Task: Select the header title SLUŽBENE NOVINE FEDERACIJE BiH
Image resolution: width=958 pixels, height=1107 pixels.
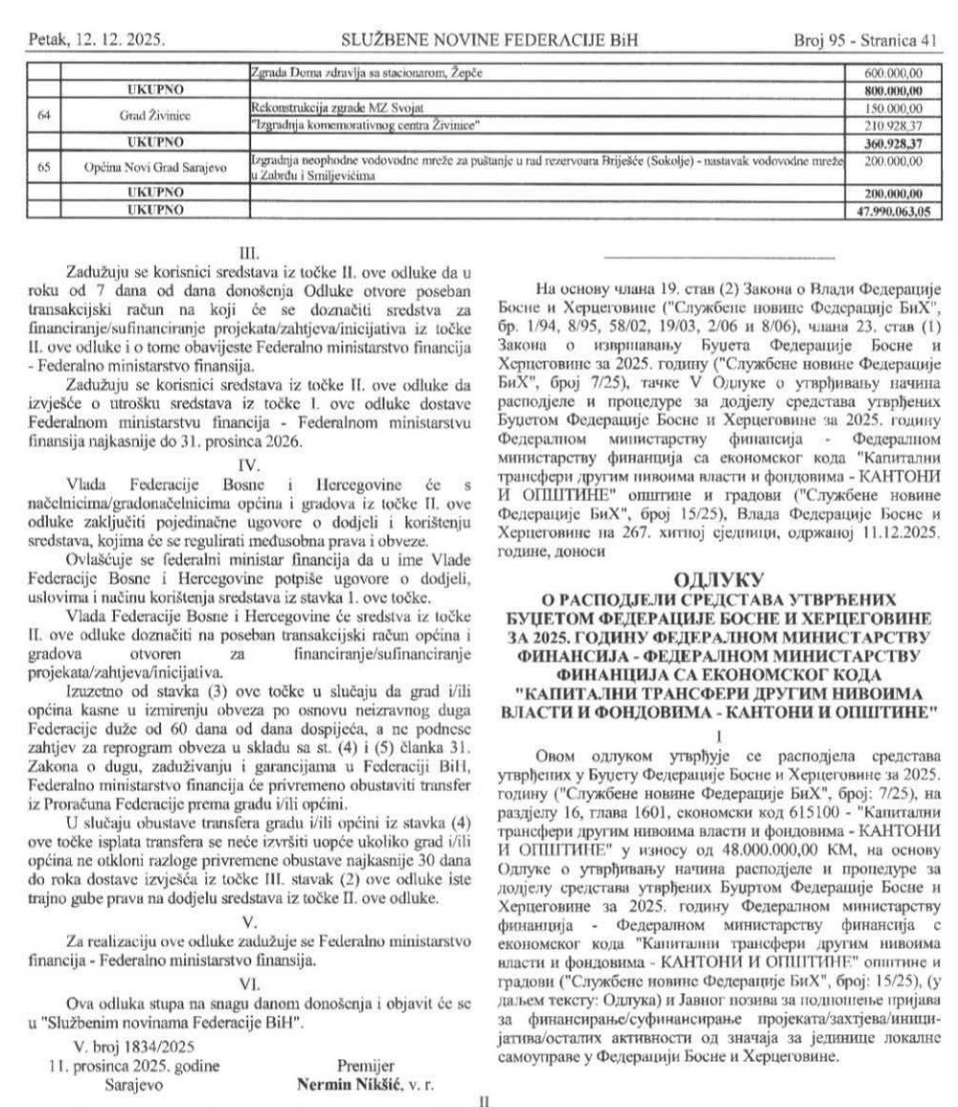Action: pos(490,40)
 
